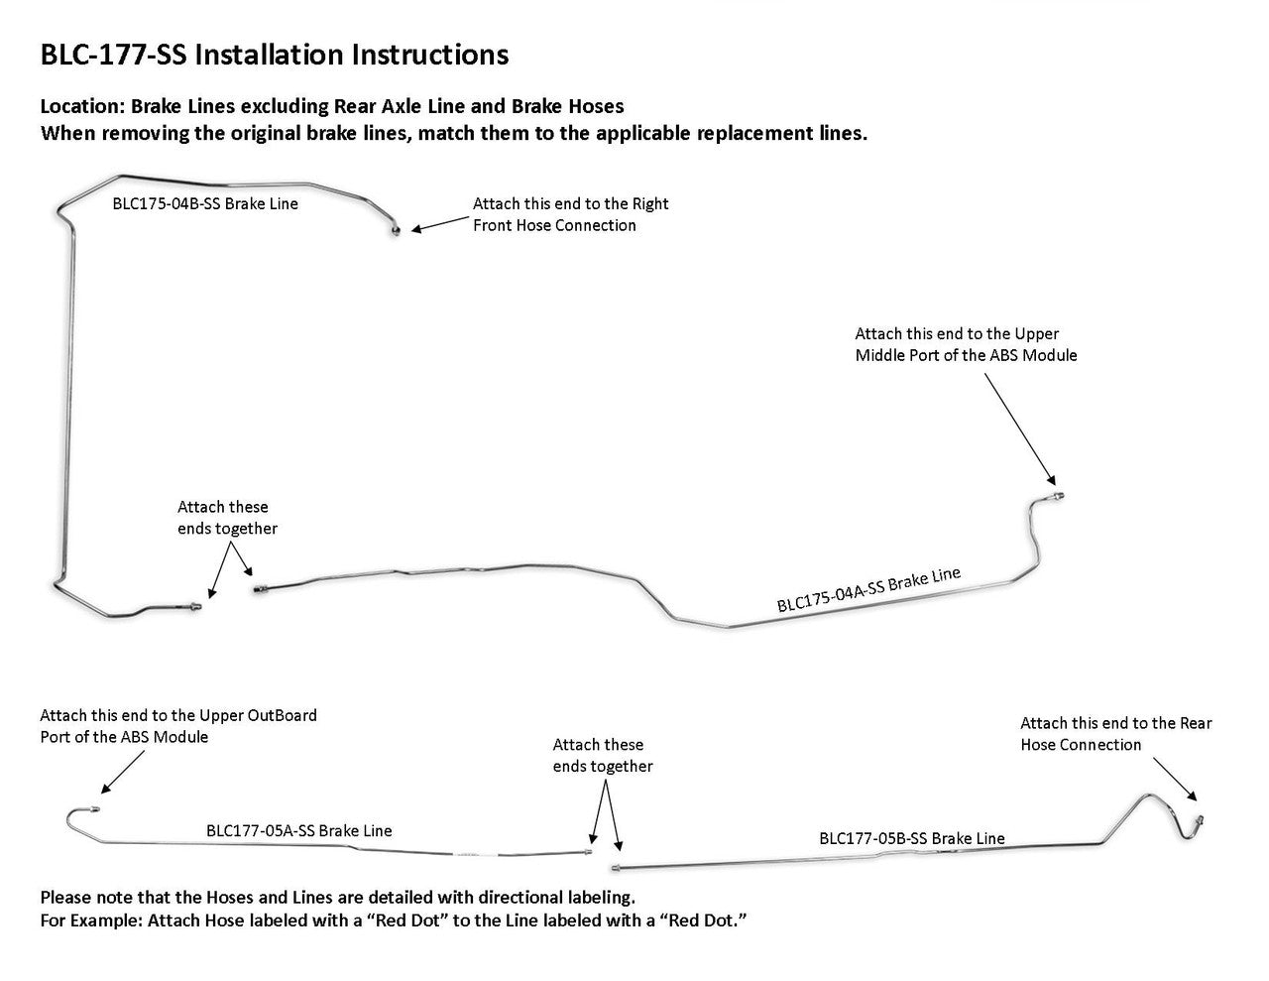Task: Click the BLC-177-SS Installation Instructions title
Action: click(274, 55)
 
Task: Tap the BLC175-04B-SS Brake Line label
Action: click(205, 204)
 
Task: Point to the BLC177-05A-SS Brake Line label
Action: click(298, 831)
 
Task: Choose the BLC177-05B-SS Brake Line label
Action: click(911, 839)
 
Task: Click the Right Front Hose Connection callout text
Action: click(570, 214)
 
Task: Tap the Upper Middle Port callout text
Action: click(966, 344)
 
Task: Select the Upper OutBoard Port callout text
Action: click(178, 726)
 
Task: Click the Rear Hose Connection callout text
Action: click(1115, 734)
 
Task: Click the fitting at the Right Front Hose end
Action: click(396, 231)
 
